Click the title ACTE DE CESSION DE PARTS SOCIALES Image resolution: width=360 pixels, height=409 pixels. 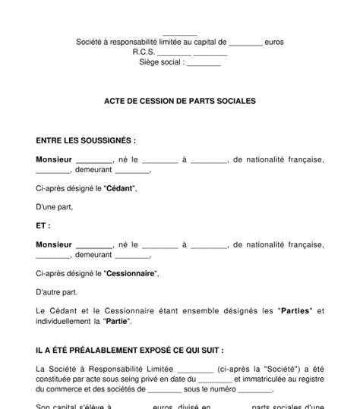[180, 99]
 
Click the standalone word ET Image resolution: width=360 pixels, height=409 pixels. [43, 225]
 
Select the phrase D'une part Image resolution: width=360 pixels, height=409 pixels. [55, 207]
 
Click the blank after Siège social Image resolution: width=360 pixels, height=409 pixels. [203, 64]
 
